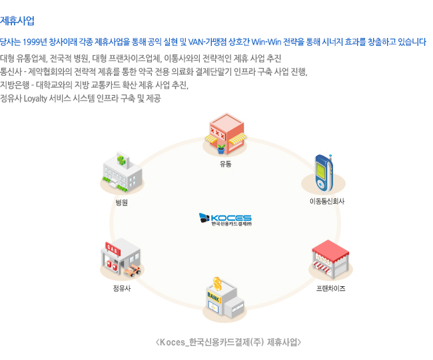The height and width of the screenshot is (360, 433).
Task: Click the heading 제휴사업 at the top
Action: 18,21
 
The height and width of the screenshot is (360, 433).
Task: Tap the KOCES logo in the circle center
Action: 225,220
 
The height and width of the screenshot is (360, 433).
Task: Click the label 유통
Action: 226,164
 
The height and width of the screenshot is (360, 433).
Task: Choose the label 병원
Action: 121,202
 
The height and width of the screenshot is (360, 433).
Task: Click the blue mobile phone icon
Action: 323,173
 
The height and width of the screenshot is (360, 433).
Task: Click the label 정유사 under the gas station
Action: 122,288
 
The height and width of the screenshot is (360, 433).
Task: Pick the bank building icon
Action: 224,299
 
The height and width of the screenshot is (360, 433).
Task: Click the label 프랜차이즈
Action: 330,288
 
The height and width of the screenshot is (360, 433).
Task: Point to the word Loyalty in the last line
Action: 34,98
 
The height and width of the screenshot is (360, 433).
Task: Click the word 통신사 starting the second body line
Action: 12,71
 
